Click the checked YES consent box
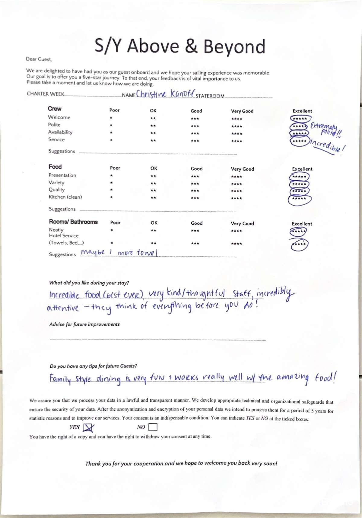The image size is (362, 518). pos(88,427)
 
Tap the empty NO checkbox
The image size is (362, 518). pos(153,427)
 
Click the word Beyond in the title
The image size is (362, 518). pos(234,47)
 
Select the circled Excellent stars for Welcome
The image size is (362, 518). pos(300,119)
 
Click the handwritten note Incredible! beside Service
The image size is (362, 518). pos(327,146)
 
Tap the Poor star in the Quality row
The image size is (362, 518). pos(111,190)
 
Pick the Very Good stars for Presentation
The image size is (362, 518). pos(237,177)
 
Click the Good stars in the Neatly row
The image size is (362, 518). pos(195,231)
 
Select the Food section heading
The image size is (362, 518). pos(55,167)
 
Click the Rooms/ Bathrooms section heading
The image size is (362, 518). pos(73,222)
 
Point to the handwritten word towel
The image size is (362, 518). pos(147,252)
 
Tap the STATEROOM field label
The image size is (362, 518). pos(210,96)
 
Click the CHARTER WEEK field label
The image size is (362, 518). pos(45,94)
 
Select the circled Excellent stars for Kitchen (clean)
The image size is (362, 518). pos(299,199)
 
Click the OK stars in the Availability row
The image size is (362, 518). pos(153,133)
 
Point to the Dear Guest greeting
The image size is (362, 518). pos(39,59)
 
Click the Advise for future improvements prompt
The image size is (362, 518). pos(84,324)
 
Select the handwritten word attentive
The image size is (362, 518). pos(63,308)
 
